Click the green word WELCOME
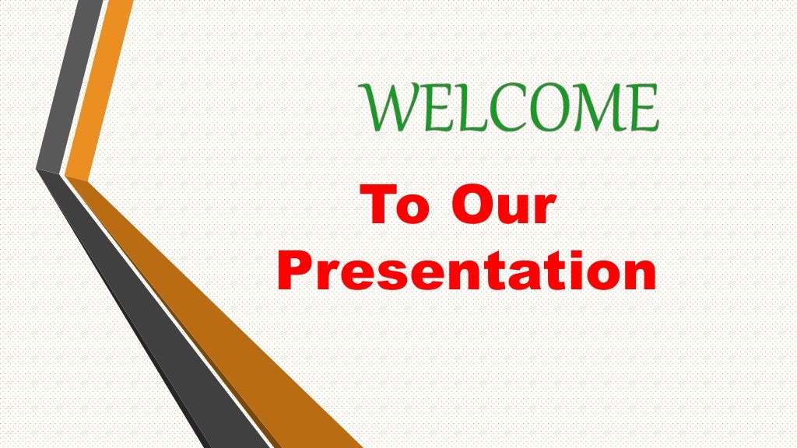pos(510,108)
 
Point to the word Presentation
pos(466,271)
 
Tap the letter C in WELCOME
pos(497,108)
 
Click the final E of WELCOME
pos(645,108)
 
